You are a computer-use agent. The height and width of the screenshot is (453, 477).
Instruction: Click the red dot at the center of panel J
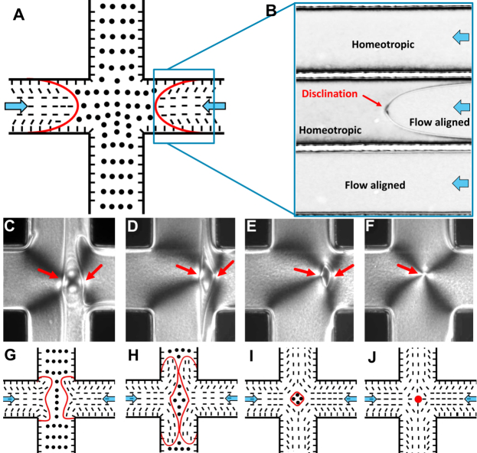click(417, 399)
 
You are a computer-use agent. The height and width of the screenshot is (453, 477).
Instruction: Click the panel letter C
click(10, 227)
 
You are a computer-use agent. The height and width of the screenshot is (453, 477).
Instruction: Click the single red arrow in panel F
click(407, 266)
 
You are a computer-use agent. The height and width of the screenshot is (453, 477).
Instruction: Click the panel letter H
click(131, 357)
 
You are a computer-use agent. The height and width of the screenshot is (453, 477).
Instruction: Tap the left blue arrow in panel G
click(11, 399)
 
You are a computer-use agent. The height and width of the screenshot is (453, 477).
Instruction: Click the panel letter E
click(250, 227)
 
